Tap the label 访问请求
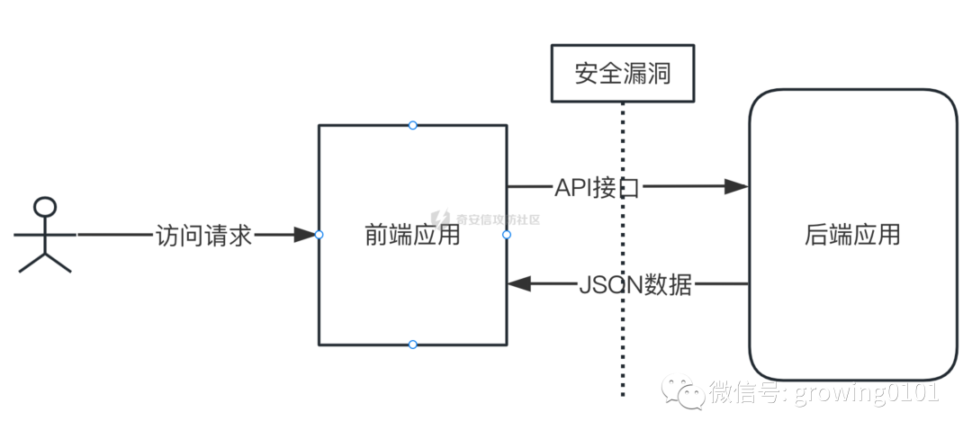point(204,235)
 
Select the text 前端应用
point(413,236)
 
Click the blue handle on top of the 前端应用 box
point(412,125)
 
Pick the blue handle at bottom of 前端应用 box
point(412,345)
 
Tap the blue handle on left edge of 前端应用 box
point(319,235)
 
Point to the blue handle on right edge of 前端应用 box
point(507,235)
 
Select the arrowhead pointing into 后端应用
point(736,187)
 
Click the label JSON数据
point(635,284)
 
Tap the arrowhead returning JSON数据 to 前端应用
point(520,284)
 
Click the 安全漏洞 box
point(622,73)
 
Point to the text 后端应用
point(851,236)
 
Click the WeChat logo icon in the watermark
point(683,391)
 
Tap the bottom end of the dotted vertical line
point(622,394)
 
